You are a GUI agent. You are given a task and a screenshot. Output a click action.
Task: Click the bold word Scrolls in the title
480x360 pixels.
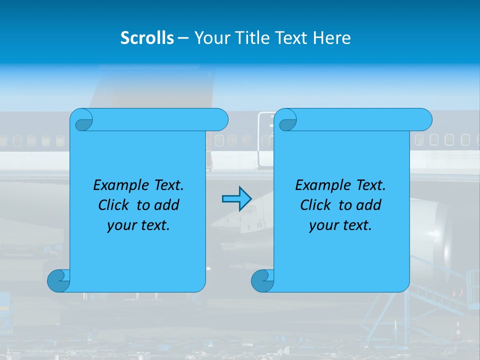pos(147,37)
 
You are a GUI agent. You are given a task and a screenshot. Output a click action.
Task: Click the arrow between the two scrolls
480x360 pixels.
pos(236,199)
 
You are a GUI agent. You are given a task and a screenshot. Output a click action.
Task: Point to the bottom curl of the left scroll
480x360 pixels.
pos(59,281)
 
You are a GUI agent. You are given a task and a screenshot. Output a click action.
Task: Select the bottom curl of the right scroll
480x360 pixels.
pos(263,281)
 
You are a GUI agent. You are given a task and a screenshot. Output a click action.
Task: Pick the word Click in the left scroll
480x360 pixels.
pos(113,205)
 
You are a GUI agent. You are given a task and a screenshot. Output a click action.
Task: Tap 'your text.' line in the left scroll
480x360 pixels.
pos(138,225)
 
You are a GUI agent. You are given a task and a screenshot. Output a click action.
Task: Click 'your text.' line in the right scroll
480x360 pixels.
pos(340,225)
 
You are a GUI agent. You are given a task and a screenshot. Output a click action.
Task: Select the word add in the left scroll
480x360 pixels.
pos(167,205)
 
